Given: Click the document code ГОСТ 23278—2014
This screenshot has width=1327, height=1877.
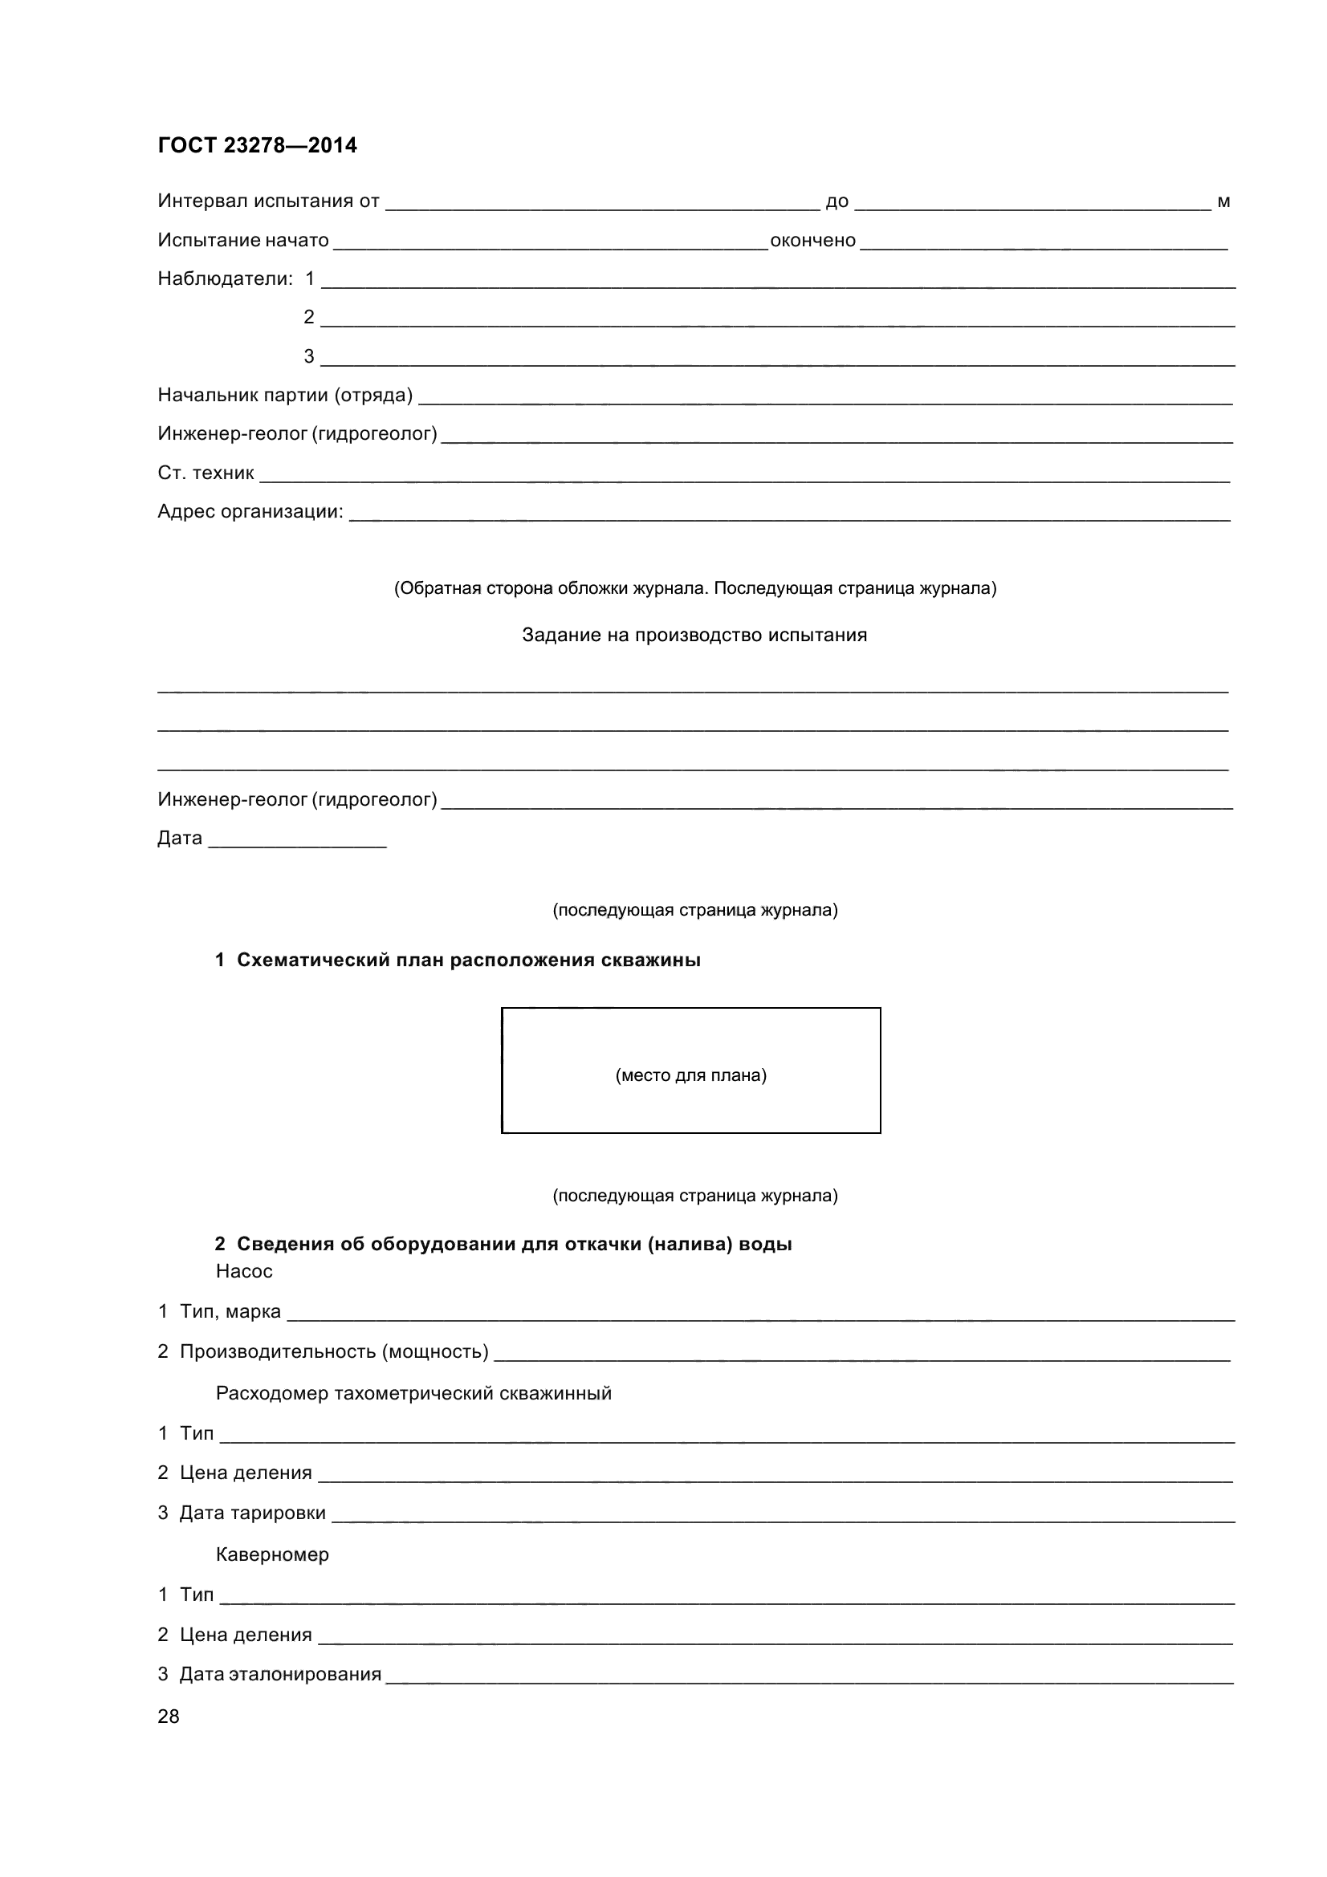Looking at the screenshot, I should click(257, 145).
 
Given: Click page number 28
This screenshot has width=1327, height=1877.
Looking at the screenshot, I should click(169, 1716).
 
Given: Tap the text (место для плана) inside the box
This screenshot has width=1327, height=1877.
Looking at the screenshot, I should click(691, 1075).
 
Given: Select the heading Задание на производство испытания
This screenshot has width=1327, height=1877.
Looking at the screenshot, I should click(694, 636).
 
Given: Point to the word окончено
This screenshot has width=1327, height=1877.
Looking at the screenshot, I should click(812, 241).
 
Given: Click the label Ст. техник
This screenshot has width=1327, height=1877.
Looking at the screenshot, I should click(206, 473).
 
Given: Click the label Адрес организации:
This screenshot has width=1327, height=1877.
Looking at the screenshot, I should click(250, 512).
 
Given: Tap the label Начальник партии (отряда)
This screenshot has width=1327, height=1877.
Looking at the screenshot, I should click(284, 396).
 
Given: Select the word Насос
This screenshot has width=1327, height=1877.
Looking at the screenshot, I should click(244, 1271).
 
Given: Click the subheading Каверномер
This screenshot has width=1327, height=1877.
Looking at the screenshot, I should click(272, 1554).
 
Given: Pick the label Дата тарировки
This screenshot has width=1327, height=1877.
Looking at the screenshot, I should click(252, 1513).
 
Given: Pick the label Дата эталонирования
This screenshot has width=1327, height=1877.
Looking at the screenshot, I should click(279, 1674).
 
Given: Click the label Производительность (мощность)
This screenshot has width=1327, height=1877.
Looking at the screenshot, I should click(334, 1352).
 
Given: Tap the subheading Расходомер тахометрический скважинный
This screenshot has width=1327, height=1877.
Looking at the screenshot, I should click(413, 1393).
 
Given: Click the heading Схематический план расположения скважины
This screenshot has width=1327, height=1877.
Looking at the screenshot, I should click(468, 961).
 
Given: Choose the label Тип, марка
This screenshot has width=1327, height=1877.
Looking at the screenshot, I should click(230, 1311).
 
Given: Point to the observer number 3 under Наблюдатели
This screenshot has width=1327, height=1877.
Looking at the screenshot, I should click(309, 356).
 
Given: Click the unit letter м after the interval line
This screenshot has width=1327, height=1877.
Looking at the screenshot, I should click(1223, 202).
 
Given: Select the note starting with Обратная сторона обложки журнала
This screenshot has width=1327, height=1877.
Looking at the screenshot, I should click(695, 588).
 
